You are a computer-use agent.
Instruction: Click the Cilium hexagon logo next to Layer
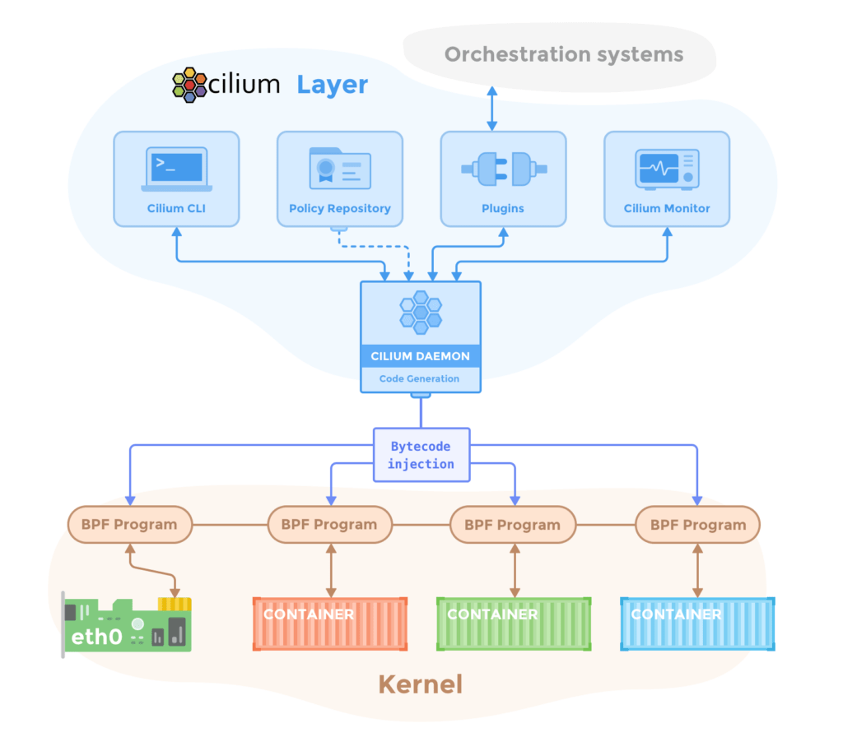[189, 85]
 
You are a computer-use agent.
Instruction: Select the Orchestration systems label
[564, 55]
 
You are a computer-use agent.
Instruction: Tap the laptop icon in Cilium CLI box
[176, 169]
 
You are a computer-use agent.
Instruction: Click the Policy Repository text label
[339, 209]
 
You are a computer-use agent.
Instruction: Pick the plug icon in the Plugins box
[502, 169]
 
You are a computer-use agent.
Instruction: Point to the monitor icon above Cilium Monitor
[667, 169]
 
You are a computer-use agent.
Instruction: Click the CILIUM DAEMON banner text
[420, 356]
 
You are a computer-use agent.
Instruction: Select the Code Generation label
[420, 379]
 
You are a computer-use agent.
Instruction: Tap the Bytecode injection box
[421, 455]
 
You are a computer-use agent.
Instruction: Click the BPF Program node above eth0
[128, 525]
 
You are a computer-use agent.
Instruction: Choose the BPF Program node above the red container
[329, 525]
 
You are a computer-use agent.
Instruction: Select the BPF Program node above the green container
[512, 525]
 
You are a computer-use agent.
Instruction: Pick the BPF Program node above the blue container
[697, 525]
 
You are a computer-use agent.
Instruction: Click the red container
[329, 624]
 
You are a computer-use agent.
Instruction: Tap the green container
[514, 624]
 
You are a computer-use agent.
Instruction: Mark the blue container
[697, 624]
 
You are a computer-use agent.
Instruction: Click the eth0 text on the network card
[97, 637]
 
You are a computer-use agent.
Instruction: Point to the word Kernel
[420, 684]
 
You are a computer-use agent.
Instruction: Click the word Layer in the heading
[332, 85]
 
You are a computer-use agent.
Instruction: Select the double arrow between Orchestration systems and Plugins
[491, 108]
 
